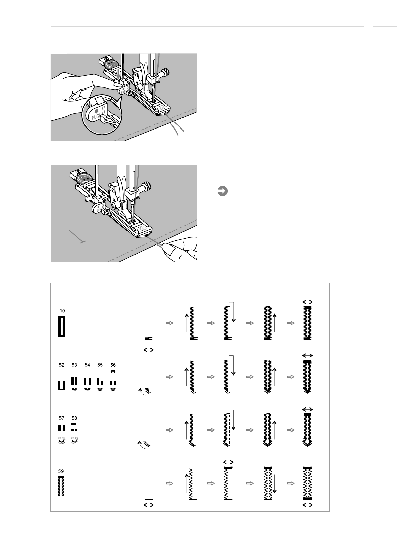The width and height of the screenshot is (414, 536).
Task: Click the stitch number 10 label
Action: tap(62, 311)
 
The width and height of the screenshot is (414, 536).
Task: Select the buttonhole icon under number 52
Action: tap(62, 380)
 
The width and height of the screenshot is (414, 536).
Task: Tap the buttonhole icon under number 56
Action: tap(113, 380)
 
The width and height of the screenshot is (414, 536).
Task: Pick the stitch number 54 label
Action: tap(87, 365)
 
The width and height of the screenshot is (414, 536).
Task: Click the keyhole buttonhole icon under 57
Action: tap(62, 434)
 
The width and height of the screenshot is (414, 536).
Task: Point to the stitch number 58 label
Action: tap(74, 418)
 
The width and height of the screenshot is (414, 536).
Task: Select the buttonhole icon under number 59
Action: tap(61, 487)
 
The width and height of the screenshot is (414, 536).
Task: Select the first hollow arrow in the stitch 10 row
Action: tap(169, 323)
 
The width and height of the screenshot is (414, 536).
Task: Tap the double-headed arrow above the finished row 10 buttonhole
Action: tap(308, 302)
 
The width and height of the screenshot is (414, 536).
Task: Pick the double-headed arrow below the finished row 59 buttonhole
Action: tap(308, 505)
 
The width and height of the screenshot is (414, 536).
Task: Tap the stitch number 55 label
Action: tap(100, 365)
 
